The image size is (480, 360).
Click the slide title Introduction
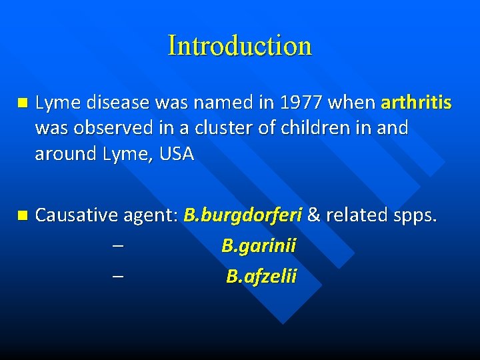[240, 45]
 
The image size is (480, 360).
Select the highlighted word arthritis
[416, 103]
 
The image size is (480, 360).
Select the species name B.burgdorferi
[243, 215]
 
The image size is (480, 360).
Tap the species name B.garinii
[259, 246]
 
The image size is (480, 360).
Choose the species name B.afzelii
[261, 276]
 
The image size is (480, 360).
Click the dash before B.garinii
[117, 246]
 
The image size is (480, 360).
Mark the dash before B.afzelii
[117, 276]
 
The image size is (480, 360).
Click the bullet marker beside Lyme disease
[22, 103]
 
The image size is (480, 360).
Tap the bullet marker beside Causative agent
[22, 215]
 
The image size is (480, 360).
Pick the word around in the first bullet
[65, 154]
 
